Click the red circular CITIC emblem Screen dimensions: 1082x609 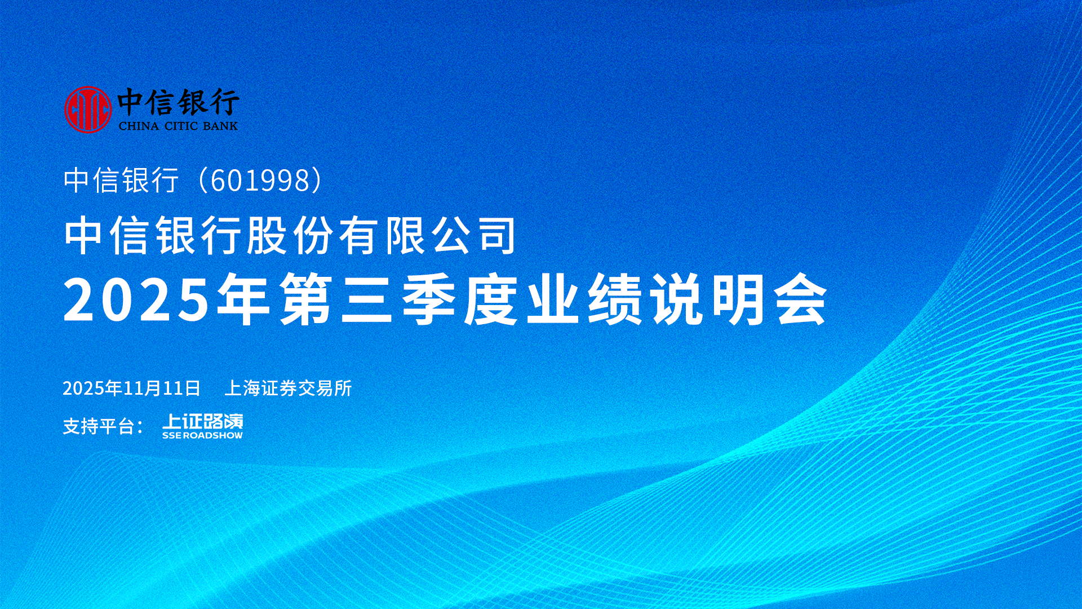pyautogui.click(x=88, y=109)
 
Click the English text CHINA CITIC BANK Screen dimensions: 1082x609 pyautogui.click(x=178, y=126)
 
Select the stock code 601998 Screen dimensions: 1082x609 pyautogui.click(x=260, y=180)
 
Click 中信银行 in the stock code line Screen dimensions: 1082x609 pyautogui.click(x=121, y=180)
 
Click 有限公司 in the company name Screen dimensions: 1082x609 pyautogui.click(x=427, y=235)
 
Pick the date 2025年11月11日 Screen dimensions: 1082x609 pyautogui.click(x=132, y=388)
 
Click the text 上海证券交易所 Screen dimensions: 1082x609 pyautogui.click(x=288, y=388)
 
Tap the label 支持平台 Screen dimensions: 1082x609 pyautogui.click(x=99, y=426)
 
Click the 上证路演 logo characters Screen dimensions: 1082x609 pyautogui.click(x=203, y=422)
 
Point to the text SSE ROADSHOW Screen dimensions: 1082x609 pyautogui.click(x=202, y=435)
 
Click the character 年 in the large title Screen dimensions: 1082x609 pyautogui.click(x=243, y=299)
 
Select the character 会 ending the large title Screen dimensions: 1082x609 pyautogui.click(x=801, y=299)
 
